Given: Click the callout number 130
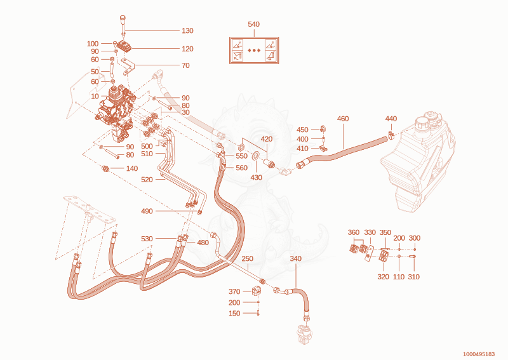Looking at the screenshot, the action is (x=187, y=30).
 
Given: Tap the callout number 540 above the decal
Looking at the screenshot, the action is (x=253, y=24).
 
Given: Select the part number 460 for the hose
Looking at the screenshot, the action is (x=343, y=119).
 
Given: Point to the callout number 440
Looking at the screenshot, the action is (x=391, y=119).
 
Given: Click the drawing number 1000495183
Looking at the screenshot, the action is (x=479, y=354).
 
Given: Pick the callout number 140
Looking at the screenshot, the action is (x=132, y=168).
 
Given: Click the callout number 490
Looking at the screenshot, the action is (x=147, y=211).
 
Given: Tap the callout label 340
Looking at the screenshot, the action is (x=295, y=258).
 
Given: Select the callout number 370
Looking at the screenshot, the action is (x=234, y=291).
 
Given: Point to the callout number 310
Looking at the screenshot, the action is (x=414, y=277).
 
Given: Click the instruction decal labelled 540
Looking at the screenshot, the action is (x=254, y=50).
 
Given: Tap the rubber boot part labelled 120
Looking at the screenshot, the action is (x=124, y=46).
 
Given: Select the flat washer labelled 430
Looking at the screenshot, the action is (x=256, y=156).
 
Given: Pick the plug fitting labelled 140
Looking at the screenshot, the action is (x=105, y=168).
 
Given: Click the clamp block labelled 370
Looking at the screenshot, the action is (x=257, y=290).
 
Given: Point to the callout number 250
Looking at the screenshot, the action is (x=248, y=258).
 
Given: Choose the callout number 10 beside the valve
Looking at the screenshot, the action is (x=95, y=97).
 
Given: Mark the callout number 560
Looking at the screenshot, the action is (x=242, y=168).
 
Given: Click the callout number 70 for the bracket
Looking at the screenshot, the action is (x=185, y=65).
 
